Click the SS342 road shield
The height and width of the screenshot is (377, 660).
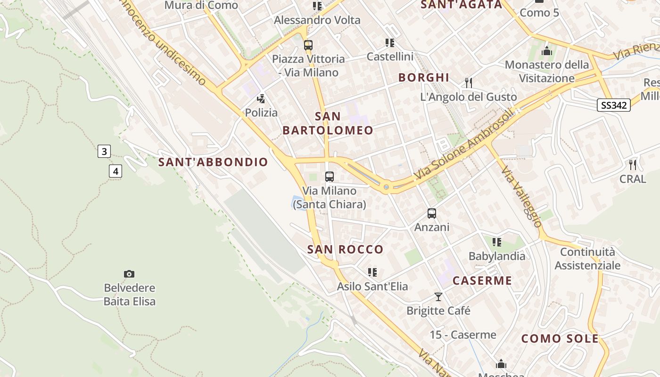click(614, 105)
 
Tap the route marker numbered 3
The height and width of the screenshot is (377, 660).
click(104, 151)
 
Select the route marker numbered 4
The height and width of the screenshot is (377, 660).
click(115, 171)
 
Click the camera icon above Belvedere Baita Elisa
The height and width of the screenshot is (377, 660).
click(129, 274)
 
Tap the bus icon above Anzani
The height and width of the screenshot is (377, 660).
click(432, 213)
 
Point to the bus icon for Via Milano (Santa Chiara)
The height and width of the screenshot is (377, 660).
click(330, 177)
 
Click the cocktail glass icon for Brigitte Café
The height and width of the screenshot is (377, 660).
click(438, 297)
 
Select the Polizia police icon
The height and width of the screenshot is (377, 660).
click(261, 99)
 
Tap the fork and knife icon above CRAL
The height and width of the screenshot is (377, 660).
click(633, 165)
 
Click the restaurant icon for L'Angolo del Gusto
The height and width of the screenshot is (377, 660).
click(469, 83)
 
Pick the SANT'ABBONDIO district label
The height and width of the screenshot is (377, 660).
click(213, 162)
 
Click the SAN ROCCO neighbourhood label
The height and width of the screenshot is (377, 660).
click(345, 249)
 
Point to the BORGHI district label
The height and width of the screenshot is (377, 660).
click(424, 78)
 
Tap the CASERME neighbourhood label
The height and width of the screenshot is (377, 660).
click(482, 281)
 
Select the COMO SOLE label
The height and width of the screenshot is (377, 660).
click(560, 339)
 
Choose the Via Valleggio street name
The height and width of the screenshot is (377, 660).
click(521, 197)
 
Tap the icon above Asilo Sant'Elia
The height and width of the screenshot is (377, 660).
click(372, 272)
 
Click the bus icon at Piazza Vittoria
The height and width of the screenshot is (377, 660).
click(308, 45)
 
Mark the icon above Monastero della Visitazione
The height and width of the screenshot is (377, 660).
click(547, 51)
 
